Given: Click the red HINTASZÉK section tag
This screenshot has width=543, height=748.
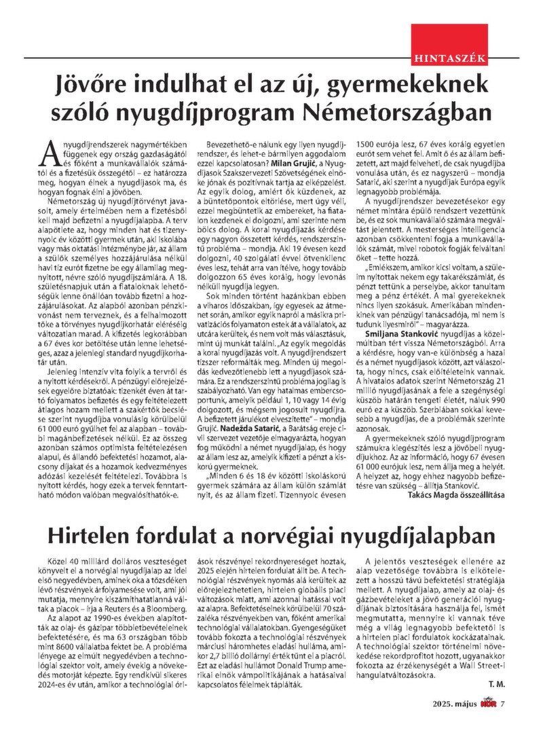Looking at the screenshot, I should click(x=449, y=58).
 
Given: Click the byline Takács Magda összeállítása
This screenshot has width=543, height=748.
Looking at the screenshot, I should click(x=456, y=495).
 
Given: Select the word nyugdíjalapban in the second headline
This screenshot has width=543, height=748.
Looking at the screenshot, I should click(x=419, y=537).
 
